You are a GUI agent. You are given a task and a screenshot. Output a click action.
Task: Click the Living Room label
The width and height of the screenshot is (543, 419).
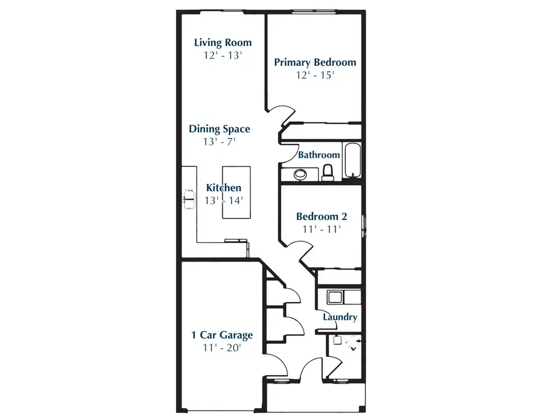(223, 43)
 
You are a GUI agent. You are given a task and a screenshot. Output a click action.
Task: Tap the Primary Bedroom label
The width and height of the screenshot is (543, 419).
(315, 62)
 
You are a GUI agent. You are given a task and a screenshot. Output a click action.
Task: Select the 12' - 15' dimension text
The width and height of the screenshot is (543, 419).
(315, 75)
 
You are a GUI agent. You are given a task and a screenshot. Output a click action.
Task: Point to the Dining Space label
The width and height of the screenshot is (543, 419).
(219, 129)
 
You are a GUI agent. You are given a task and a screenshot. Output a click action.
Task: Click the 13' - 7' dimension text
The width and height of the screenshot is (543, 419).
(219, 142)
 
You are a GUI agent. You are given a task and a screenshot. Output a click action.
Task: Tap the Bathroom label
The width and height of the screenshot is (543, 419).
(319, 155)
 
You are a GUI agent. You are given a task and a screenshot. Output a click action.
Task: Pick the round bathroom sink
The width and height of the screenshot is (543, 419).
(300, 174)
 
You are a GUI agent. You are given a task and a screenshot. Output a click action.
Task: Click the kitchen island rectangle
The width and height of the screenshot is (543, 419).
(235, 194)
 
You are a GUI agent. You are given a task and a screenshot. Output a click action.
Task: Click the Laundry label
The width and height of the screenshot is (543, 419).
(340, 317)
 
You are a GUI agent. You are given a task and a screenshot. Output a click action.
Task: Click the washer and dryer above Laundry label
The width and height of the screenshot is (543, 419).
(342, 297)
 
